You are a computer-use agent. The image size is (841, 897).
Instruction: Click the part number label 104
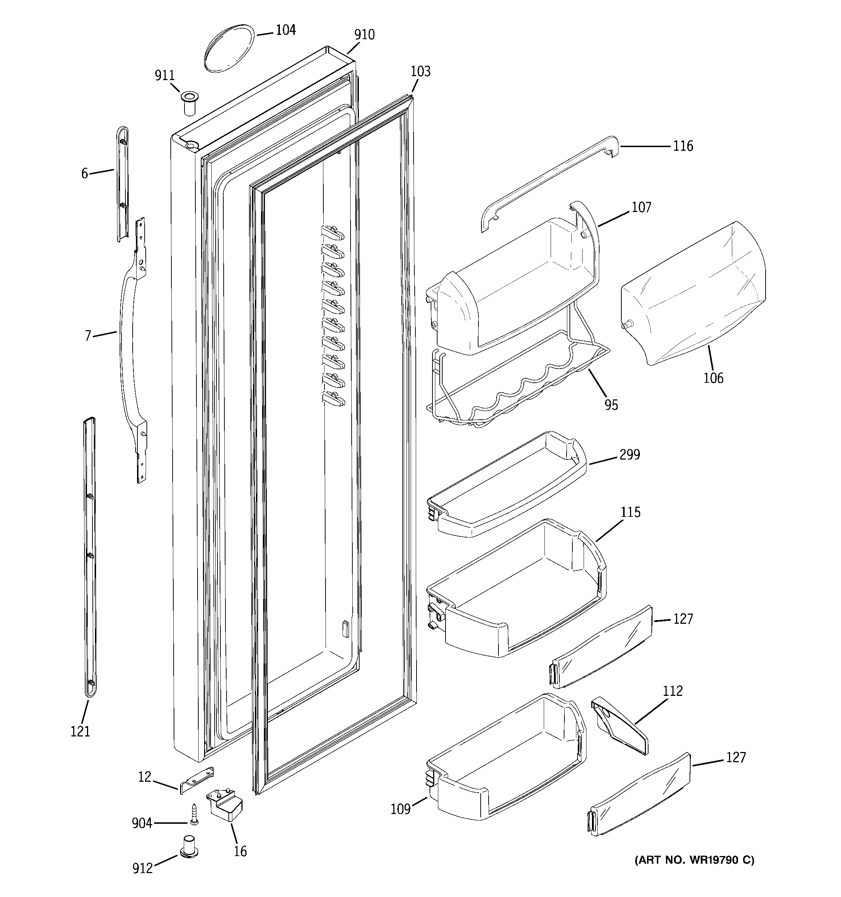285,30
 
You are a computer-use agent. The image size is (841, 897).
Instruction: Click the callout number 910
364,35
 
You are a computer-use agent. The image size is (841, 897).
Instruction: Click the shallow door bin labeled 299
506,487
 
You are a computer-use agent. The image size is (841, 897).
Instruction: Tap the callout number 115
630,512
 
